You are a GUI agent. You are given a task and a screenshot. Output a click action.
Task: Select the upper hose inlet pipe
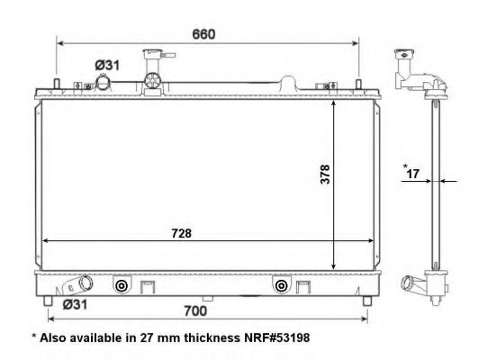pyautogui.click(x=105, y=82)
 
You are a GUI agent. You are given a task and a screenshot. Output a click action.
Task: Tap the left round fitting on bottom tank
pyautogui.click(x=120, y=286)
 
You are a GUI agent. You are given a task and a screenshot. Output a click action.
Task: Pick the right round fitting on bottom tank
pyautogui.click(x=282, y=286)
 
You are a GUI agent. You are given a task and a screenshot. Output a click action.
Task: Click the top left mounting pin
pyautogui.click(x=58, y=85)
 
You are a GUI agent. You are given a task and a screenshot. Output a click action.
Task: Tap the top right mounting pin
pyautogui.click(x=359, y=85)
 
